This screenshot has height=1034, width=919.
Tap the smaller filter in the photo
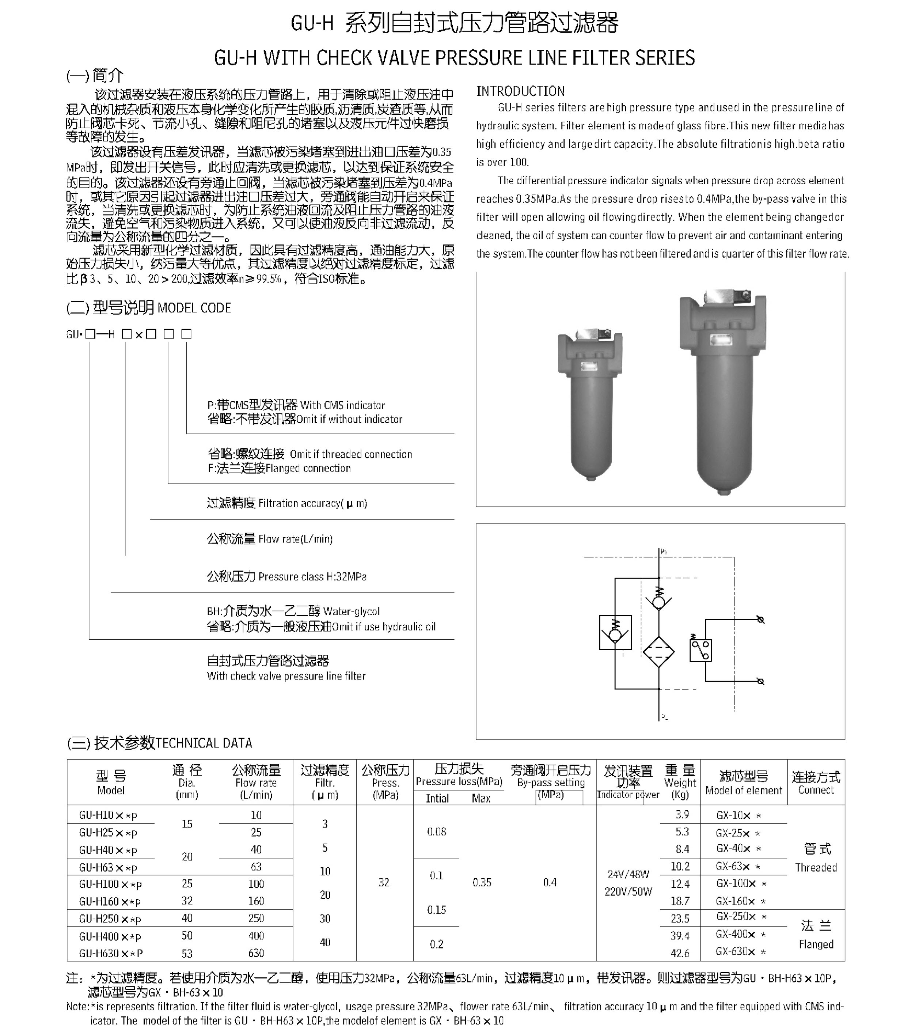pos(590,405)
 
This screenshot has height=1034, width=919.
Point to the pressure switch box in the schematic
pos(700,651)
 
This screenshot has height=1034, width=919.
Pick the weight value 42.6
pos(680,953)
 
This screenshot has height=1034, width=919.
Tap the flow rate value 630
pos(256,953)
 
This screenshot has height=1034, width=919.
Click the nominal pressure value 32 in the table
pos(384,883)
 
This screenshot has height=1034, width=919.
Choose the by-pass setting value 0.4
pos(550,883)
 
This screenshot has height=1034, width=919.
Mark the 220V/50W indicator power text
pos(628,891)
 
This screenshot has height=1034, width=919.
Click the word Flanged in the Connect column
pos(816,944)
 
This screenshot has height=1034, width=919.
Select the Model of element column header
pos(744,790)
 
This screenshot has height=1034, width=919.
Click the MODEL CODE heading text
pos(194,308)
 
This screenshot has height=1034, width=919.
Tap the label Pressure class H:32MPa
pos(312,577)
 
